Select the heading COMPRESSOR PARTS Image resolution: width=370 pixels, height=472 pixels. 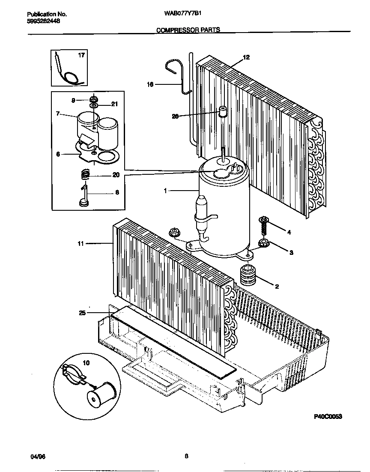[x=188, y=30]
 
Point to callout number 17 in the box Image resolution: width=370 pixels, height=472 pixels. [x=81, y=55]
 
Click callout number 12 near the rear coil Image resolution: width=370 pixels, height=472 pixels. [x=246, y=57]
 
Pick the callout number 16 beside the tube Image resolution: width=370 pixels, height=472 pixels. [x=150, y=85]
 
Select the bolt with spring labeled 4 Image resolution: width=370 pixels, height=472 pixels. [x=264, y=226]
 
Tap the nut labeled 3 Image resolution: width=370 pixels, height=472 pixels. [x=262, y=245]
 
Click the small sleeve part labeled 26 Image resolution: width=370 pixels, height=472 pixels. [x=222, y=112]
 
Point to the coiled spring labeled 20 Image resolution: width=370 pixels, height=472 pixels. [x=86, y=174]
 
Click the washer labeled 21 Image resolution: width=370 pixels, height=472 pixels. [x=94, y=105]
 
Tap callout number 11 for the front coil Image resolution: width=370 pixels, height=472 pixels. [x=81, y=244]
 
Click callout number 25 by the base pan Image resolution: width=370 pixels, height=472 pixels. [x=82, y=313]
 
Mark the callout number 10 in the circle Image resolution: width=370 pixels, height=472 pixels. [x=86, y=363]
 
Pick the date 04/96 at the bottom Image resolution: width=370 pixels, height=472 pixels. [x=38, y=457]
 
